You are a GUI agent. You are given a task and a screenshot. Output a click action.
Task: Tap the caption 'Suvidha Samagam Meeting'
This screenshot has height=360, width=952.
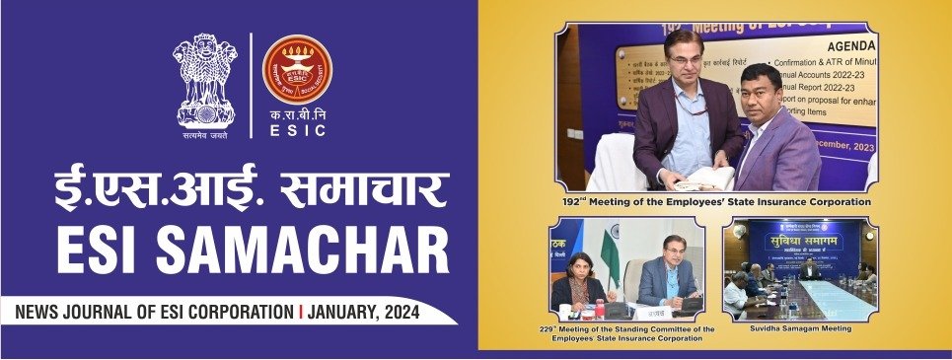coord(799,327)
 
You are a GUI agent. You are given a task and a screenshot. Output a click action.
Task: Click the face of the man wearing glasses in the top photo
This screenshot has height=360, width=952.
coord(685,60)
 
